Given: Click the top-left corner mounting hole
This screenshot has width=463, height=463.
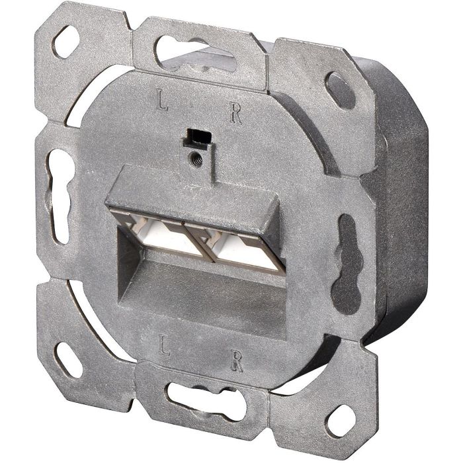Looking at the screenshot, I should click(x=67, y=42).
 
